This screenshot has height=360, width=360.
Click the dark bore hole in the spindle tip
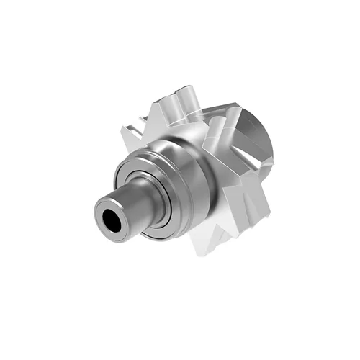(112, 217)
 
